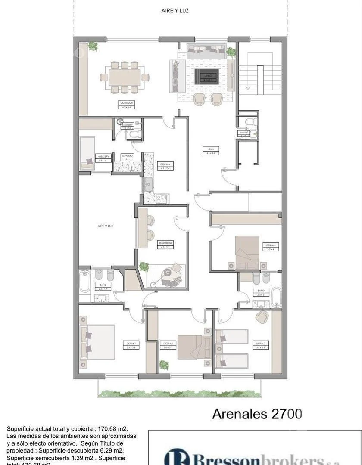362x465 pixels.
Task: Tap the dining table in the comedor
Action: click(125, 77)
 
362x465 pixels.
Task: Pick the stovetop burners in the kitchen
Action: click(162, 198)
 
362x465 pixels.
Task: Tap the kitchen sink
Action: click(149, 184)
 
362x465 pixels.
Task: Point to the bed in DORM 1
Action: click(98, 342)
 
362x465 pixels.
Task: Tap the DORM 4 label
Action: click(271, 246)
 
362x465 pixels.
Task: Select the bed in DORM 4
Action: click(247, 253)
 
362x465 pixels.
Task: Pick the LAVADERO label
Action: click(127, 157)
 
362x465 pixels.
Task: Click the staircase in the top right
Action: click(260, 80)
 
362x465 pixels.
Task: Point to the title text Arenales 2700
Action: click(257, 414)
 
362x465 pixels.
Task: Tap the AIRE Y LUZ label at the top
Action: click(175, 11)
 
